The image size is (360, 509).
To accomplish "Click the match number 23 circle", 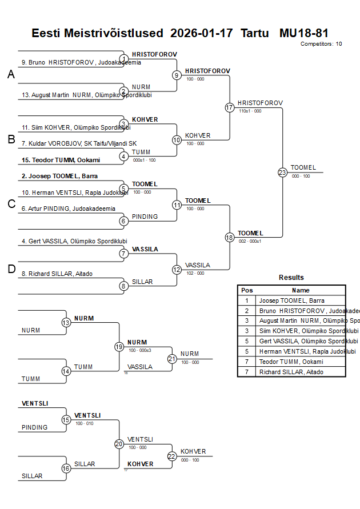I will pos(282,172).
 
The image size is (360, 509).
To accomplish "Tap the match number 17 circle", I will pos(230,107).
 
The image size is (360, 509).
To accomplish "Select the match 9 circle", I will pos(177,75).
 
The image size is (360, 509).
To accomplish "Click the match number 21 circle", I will pos(172,359).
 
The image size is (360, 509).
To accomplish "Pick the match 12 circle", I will pos(177,270).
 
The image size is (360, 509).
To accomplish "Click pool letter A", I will pos(11,74).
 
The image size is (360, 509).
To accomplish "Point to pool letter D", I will pos(11,270).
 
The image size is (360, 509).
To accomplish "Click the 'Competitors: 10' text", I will pos(321,44).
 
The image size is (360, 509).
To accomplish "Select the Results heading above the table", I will pos(291,278).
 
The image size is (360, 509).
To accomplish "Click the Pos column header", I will pos(247,290).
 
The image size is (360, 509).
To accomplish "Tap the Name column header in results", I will pos(301,290).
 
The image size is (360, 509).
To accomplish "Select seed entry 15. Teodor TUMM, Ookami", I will pos(61,160).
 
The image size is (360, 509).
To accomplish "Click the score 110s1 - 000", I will pos(250,111).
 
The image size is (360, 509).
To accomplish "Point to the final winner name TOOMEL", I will pos(303,167).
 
